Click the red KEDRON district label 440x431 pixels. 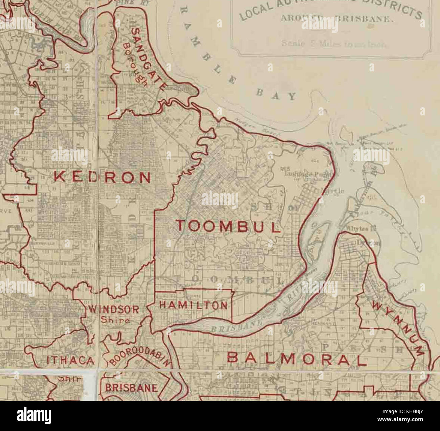[102, 177]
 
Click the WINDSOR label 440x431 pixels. [113, 309]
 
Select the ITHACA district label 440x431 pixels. [71, 361]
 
